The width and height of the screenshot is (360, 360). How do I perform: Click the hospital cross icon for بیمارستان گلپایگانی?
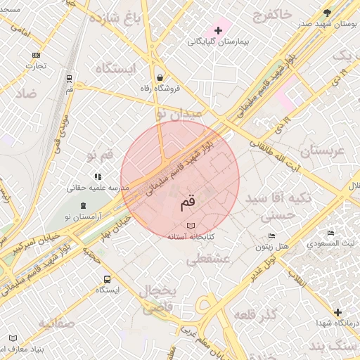(219, 30)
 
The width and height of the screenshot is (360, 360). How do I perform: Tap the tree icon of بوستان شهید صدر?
(327, 13)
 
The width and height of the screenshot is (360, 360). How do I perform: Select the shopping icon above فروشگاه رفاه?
(161, 77)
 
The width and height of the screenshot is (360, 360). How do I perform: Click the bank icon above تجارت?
(36, 55)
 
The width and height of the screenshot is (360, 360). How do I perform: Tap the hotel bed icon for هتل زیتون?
(272, 236)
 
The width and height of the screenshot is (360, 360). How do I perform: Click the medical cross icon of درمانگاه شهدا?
(337, 311)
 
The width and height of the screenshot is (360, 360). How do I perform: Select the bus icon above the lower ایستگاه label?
(107, 278)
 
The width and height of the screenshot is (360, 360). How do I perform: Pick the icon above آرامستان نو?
(84, 205)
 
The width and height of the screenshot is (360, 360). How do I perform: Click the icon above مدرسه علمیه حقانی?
(97, 176)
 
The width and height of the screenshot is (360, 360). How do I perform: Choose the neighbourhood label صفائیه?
(56, 323)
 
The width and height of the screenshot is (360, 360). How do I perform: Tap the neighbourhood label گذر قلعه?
(255, 312)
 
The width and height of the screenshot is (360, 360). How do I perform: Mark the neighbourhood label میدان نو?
(179, 112)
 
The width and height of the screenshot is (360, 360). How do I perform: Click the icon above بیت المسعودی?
(330, 233)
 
